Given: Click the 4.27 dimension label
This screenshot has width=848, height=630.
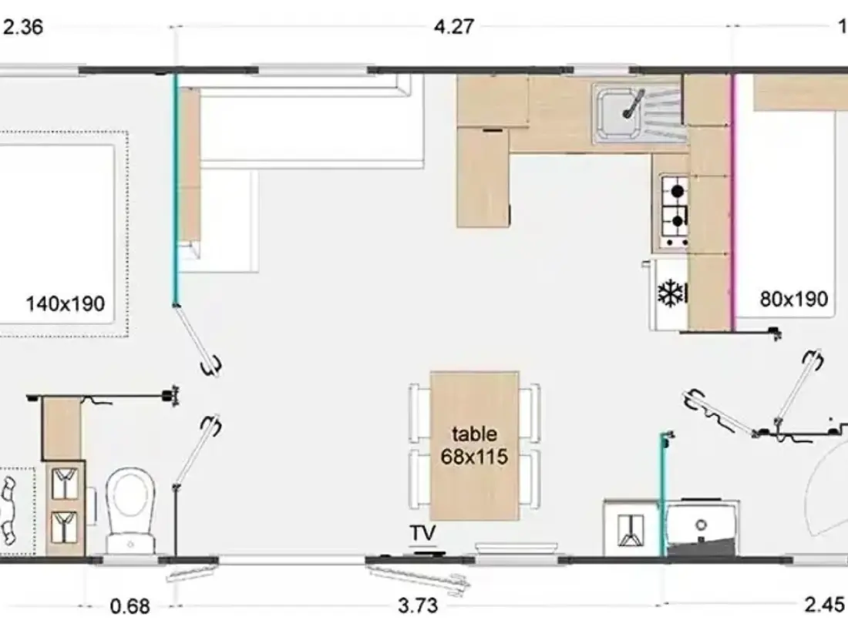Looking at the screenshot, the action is click(454, 26).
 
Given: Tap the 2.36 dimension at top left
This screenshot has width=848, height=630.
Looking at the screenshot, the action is click(23, 27).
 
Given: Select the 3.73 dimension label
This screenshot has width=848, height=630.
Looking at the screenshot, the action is click(418, 605).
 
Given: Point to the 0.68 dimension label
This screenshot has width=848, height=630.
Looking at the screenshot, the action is click(130, 606).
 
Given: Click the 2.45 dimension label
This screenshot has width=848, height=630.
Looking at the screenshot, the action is click(824, 605).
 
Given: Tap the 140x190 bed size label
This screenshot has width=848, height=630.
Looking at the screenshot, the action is click(66, 303).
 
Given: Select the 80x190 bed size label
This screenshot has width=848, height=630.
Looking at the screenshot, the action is click(794, 299).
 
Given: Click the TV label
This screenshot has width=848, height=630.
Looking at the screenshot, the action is click(422, 533).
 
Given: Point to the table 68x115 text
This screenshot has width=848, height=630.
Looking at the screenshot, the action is click(474, 445).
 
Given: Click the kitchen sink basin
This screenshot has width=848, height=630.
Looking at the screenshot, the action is click(617, 113).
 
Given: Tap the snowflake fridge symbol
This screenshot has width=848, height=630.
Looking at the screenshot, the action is click(670, 293).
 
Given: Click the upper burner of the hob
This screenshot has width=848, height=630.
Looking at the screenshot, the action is click(677, 191).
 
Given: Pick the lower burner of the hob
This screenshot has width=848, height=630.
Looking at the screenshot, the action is click(677, 221).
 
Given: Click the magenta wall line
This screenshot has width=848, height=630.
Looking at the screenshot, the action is click(733, 202).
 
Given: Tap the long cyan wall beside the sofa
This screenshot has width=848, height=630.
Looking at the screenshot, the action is click(175, 189).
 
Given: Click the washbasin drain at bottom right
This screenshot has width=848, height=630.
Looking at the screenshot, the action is click(701, 524).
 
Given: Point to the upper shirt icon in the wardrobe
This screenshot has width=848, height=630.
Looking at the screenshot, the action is click(65, 484).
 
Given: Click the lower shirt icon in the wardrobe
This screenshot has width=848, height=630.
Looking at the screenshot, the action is click(65, 527).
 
